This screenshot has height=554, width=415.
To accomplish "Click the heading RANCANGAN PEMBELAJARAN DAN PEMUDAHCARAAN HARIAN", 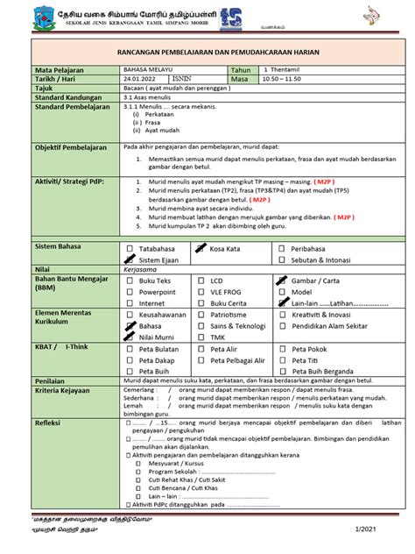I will tap(207, 53).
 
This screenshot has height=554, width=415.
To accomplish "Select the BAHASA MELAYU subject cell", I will tap(148, 69).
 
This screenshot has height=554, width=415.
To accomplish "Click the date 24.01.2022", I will tap(141, 79).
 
